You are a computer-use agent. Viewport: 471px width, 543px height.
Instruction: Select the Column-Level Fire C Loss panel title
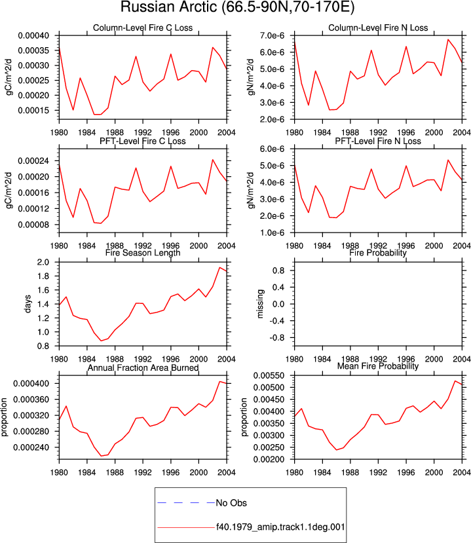coord(143,28)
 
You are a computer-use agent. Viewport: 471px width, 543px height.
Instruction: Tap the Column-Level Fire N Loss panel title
coord(378,28)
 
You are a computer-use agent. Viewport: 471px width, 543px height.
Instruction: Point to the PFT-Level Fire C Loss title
coord(143,141)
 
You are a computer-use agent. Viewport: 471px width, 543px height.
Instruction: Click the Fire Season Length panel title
coord(143,253)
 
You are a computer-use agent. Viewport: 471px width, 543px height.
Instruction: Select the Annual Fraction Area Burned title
coord(143,367)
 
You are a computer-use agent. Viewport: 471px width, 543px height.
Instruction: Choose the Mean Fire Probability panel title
coord(378,366)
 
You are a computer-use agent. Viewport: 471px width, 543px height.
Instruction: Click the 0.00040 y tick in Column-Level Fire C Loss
coord(33,35)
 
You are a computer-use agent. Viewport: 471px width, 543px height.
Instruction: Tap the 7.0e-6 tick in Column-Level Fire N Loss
coord(272,35)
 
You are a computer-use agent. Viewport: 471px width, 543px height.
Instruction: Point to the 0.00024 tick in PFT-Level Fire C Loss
coord(33,161)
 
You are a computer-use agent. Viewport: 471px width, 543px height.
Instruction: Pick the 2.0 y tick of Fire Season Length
coord(43,262)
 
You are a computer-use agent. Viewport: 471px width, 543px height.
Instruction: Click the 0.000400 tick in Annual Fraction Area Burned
coord(31,384)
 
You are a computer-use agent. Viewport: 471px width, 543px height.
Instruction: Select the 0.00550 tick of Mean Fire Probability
coord(269,376)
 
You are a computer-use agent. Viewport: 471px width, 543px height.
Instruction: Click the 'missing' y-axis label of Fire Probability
coord(260,304)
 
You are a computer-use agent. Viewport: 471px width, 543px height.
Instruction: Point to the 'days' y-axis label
coord(28,304)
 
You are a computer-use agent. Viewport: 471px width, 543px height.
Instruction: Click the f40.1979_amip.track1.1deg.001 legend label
coord(280,527)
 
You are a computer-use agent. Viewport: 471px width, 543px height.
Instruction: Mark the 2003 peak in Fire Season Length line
coord(219,267)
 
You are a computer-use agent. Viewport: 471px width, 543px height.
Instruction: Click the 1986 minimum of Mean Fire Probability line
coord(336,450)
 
